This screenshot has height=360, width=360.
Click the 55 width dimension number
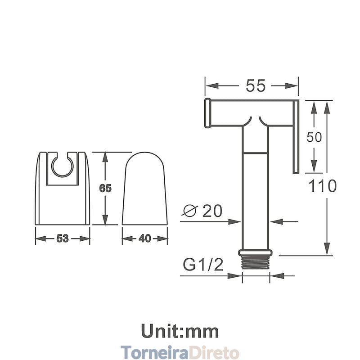(x=256, y=86)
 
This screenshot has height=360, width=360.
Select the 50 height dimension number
(x=314, y=137)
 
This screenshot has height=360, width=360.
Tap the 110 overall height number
(x=322, y=186)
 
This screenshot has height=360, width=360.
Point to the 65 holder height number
(x=105, y=188)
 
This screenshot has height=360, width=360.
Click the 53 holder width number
(x=63, y=238)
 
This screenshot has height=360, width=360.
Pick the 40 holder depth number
(x=145, y=238)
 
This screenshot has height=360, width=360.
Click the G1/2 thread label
(x=203, y=265)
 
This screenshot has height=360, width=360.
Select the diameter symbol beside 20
(x=190, y=211)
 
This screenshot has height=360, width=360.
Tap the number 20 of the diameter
(x=212, y=211)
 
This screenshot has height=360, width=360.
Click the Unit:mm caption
(x=180, y=331)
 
